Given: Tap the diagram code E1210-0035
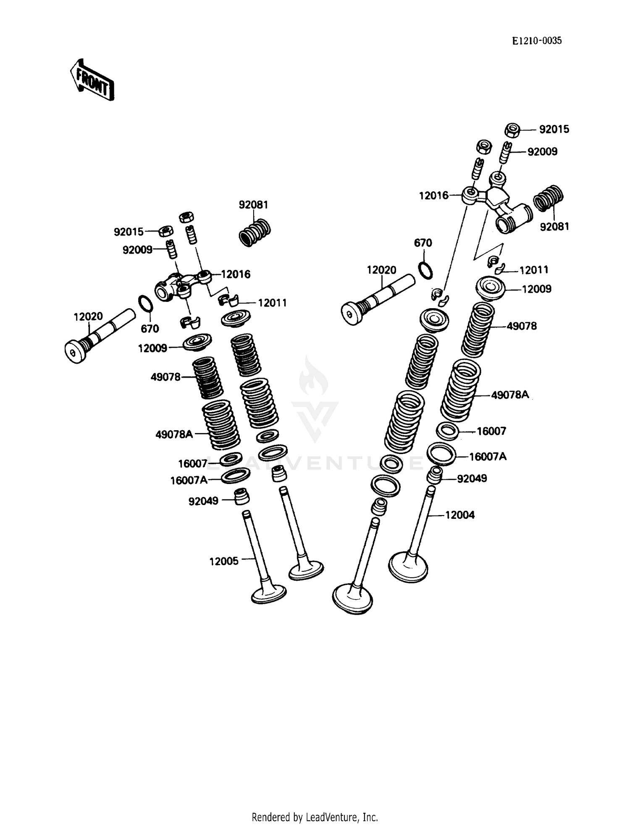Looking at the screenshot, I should [536, 41].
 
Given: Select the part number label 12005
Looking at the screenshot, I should [223, 561].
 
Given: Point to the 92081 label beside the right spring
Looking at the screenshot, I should [554, 227].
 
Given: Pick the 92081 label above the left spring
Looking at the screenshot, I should [253, 205].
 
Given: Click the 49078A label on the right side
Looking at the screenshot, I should [509, 395].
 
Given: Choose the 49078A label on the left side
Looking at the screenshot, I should [174, 434].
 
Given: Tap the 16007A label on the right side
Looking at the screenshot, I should [487, 457].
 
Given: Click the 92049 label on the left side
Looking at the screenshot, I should [203, 501].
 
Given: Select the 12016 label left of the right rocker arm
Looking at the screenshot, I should [433, 196].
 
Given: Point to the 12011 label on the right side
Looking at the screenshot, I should [533, 270].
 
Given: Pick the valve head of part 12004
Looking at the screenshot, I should [408, 567].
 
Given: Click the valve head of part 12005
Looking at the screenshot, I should [269, 594].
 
